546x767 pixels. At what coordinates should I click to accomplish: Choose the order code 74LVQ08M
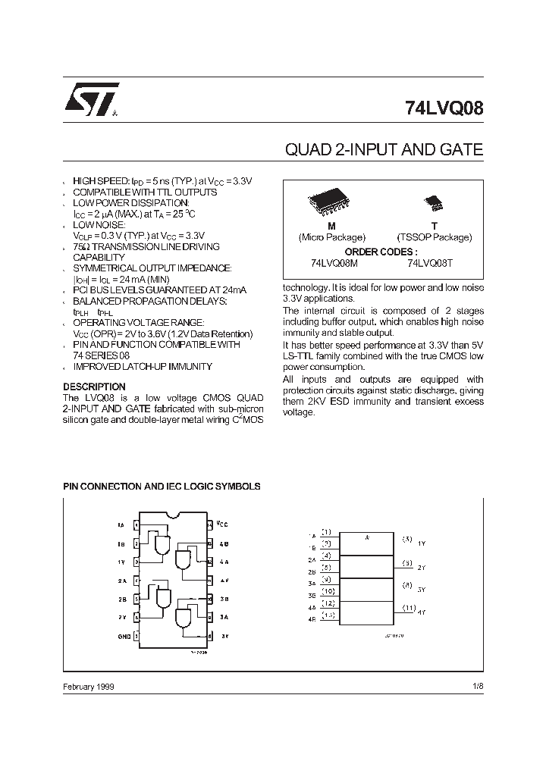(x=334, y=262)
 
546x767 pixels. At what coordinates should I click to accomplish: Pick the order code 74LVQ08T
(x=431, y=262)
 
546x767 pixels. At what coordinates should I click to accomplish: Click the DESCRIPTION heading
(x=94, y=387)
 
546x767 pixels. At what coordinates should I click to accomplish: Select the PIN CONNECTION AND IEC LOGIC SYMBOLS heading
(x=162, y=486)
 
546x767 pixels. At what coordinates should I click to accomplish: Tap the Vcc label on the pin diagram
(x=221, y=524)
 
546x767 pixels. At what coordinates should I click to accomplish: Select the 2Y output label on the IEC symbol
(x=422, y=567)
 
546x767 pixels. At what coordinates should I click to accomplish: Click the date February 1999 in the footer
(x=89, y=686)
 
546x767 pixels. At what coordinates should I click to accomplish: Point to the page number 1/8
(x=476, y=686)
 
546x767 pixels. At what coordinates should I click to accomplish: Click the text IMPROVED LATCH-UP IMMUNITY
(x=143, y=366)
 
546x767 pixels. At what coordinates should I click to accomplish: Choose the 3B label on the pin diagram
(x=224, y=599)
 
